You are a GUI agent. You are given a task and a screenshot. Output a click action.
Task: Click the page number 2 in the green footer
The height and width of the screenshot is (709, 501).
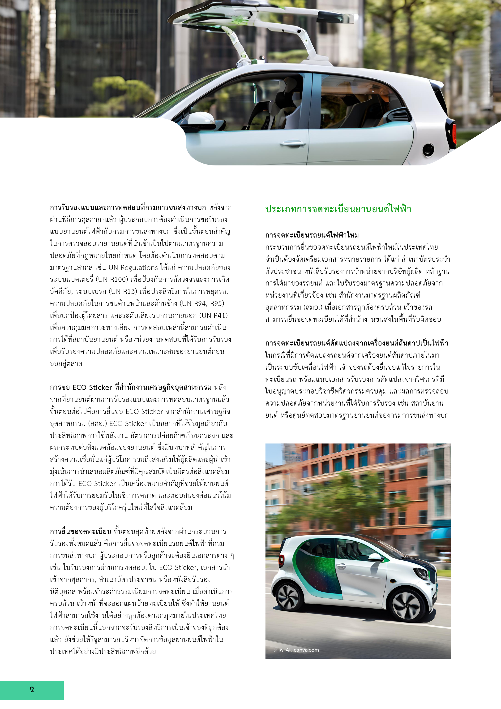tap(32, 690)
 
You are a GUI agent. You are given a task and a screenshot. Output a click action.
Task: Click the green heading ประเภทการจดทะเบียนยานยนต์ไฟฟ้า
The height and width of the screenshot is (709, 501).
tap(338, 209)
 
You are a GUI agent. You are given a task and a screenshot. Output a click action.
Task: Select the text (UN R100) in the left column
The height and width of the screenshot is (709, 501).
tap(112, 279)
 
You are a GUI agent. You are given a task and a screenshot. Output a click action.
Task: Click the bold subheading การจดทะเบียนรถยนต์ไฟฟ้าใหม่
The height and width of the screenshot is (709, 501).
tap(312, 235)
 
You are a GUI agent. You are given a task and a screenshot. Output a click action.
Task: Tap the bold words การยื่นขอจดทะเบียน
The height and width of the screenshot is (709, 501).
tap(80, 532)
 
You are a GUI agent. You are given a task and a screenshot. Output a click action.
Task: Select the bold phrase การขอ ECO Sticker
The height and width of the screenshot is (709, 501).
tap(81, 387)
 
